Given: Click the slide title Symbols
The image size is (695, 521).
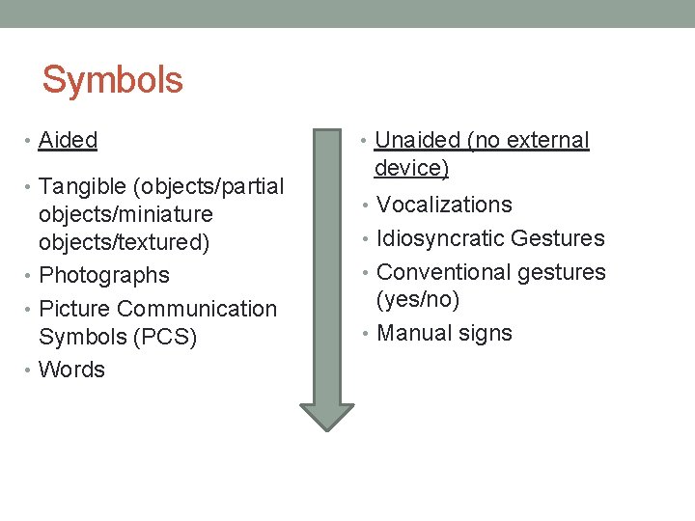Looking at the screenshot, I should tap(112, 80).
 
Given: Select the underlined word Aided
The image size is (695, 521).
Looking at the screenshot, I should tap(68, 140).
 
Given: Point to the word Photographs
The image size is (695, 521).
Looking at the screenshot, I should tap(104, 275).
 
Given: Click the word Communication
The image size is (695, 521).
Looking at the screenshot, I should tap(197, 309).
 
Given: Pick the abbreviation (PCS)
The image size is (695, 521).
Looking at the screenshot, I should tap(165, 337).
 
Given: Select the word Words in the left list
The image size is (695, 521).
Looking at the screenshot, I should tap(71, 370).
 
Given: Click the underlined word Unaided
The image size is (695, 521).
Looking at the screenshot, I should tap(417, 140).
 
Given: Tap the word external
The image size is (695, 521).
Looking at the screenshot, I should tap(547, 140).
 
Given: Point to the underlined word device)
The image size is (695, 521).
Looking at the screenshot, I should tap(411, 168).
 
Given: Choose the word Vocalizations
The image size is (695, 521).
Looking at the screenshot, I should tap(444, 205).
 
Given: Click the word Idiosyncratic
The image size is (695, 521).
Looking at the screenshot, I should tap(440, 238).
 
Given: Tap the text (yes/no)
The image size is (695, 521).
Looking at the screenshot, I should tap(417, 300).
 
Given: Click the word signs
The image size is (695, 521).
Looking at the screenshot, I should tap(486, 333).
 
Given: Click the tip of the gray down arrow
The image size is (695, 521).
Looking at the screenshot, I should tap(327, 427).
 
